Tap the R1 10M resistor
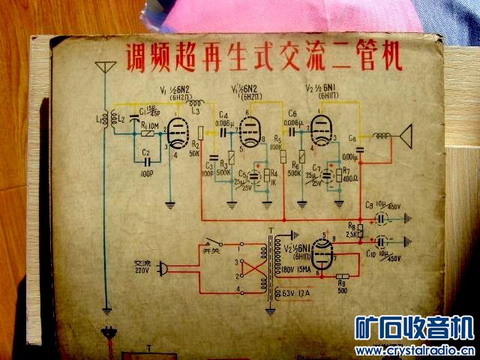pyautogui.click(x=148, y=133)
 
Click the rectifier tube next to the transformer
pyautogui.click(x=323, y=255)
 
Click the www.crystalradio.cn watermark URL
pyautogui.click(x=415, y=350)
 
